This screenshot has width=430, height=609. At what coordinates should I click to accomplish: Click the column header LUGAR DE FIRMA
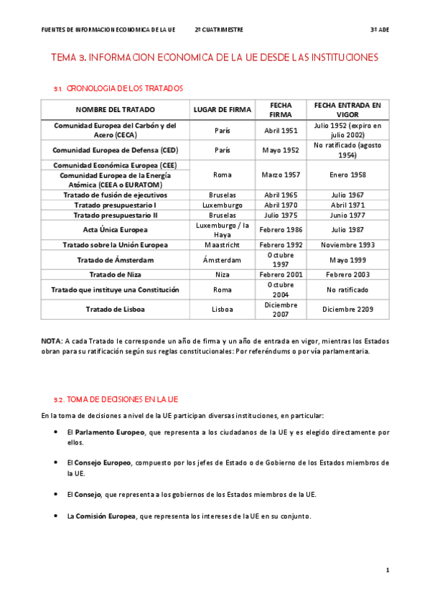(x=223, y=110)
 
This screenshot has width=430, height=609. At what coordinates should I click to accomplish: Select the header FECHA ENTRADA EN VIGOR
(x=347, y=109)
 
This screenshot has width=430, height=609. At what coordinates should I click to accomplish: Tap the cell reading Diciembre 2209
(x=347, y=310)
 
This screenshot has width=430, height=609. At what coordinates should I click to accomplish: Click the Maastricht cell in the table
(x=223, y=245)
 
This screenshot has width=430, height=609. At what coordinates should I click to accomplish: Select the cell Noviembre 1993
(x=347, y=245)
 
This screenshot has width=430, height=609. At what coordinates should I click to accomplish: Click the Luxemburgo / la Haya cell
(x=223, y=230)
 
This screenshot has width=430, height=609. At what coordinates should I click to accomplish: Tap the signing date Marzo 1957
(x=281, y=175)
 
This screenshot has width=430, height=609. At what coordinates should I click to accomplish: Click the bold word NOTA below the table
(x=51, y=341)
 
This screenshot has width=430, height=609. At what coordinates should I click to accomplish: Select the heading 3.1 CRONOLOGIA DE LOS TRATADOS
(x=118, y=88)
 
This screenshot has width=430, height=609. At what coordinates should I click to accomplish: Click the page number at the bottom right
(x=388, y=570)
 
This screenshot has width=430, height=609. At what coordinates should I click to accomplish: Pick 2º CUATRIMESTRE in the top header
(x=219, y=30)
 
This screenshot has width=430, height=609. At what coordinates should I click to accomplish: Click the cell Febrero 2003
(x=347, y=274)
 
